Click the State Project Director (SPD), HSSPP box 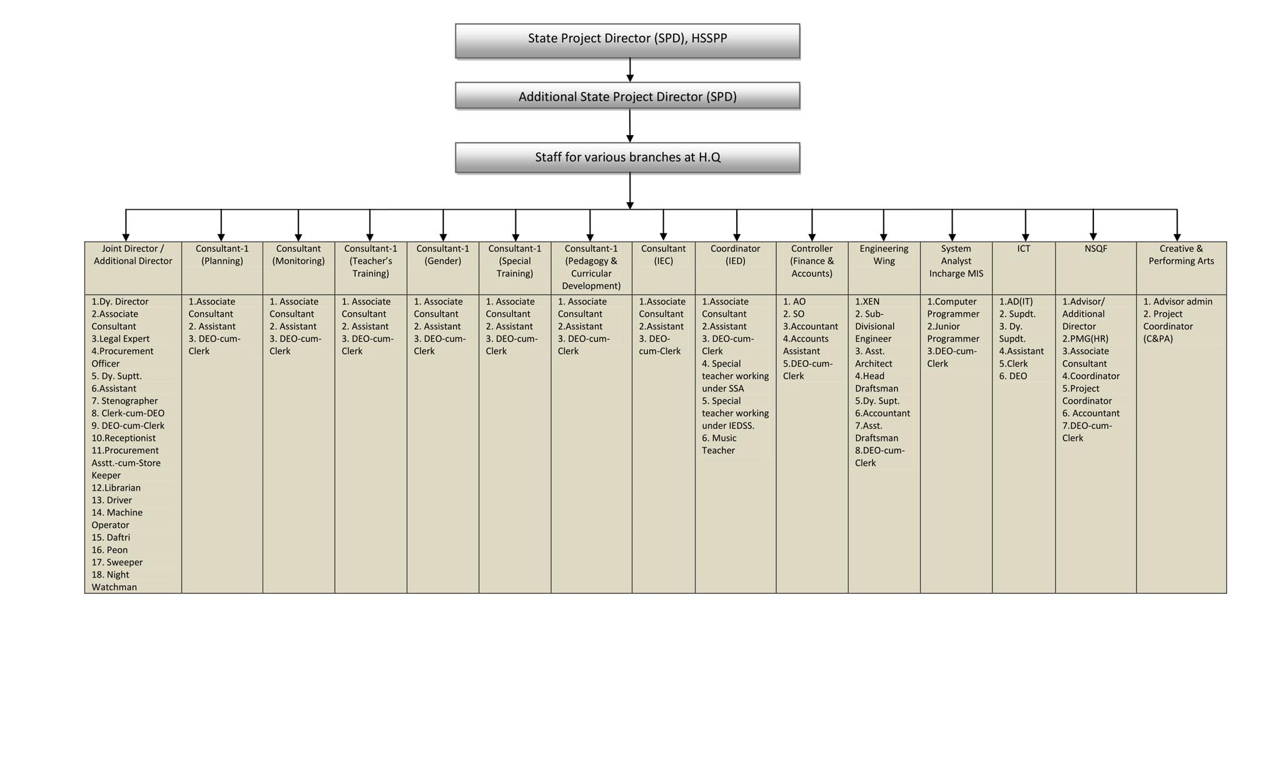[x=627, y=41]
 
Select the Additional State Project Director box [x=627, y=96]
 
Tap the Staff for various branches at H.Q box [x=627, y=157]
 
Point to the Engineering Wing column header [x=884, y=255]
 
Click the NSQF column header [x=1096, y=248]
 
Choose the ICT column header [x=1023, y=248]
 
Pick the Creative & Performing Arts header [x=1181, y=255]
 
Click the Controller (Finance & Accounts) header [x=812, y=261]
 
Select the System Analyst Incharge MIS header [x=956, y=261]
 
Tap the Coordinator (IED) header [x=735, y=255]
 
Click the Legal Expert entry [x=121, y=339]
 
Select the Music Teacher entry [x=719, y=444]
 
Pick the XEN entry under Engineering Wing [x=867, y=302]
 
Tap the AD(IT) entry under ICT [x=1016, y=302]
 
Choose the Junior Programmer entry [x=953, y=332]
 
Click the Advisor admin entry [x=1178, y=302]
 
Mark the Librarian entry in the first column [x=116, y=488]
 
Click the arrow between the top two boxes [x=630, y=70]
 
